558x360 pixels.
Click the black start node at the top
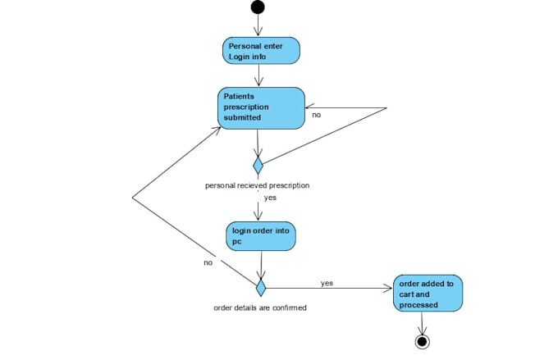click(x=258, y=7)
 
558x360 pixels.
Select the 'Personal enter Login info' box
click(x=261, y=51)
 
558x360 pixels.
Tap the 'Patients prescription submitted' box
click(x=261, y=107)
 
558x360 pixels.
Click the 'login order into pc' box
click(x=261, y=236)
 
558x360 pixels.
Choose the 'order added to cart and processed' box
click(x=428, y=294)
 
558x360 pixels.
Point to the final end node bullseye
click(x=423, y=340)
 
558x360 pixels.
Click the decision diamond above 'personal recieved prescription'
click(x=258, y=166)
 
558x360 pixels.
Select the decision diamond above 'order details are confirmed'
click(x=261, y=288)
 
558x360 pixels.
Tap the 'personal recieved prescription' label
click(x=257, y=185)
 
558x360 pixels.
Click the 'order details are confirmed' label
click(x=260, y=308)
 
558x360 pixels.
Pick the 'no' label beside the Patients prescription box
click(x=316, y=116)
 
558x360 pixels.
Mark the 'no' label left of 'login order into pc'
click(x=208, y=262)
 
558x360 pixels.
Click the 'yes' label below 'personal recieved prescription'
click(x=270, y=198)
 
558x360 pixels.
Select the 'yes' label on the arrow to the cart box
click(x=327, y=283)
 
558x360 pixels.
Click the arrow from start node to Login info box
click(x=258, y=25)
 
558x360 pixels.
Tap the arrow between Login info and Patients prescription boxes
click(x=258, y=75)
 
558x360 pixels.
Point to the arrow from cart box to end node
click(x=423, y=322)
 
